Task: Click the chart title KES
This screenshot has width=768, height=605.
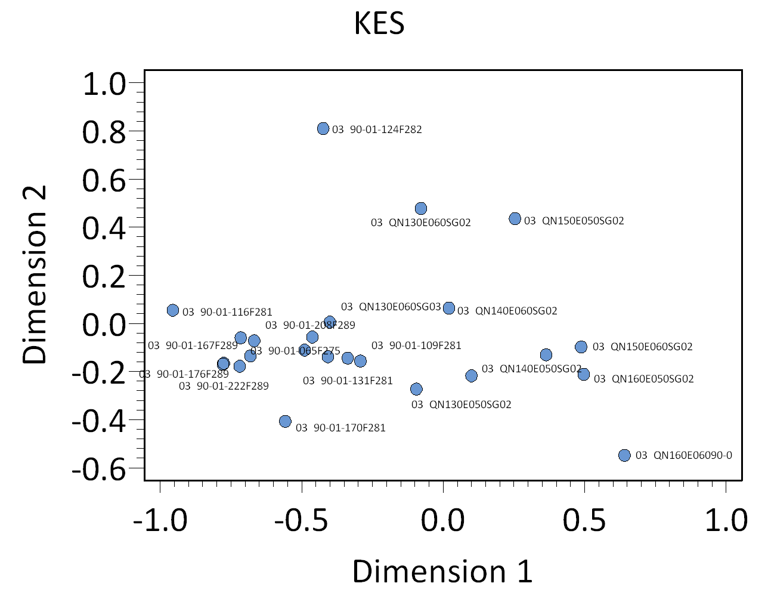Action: coord(379,24)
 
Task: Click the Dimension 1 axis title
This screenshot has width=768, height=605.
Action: coord(442,571)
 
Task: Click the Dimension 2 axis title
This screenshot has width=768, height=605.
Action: coord(35,274)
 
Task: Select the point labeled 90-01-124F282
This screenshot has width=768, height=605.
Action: coord(323,128)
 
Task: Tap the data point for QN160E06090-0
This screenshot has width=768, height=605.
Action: coord(624,455)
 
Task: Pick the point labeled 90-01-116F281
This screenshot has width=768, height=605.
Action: coord(173,310)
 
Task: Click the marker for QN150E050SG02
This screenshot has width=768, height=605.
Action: coord(515,219)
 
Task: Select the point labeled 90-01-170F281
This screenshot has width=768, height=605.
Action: coord(285,421)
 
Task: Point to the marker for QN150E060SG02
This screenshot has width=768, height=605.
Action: coord(581,347)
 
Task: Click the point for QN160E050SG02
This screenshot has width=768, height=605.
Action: coord(584,374)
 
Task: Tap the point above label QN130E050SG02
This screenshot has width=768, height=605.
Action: coord(416,389)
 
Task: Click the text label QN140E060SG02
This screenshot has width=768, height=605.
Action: coord(507,311)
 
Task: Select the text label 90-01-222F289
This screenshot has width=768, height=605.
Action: coord(224,386)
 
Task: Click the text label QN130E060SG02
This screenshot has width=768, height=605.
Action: coord(420,223)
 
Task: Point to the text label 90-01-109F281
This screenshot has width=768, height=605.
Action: coord(416,345)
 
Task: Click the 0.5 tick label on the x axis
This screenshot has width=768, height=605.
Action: coord(585,520)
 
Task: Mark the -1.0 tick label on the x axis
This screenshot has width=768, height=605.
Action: coord(160,520)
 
